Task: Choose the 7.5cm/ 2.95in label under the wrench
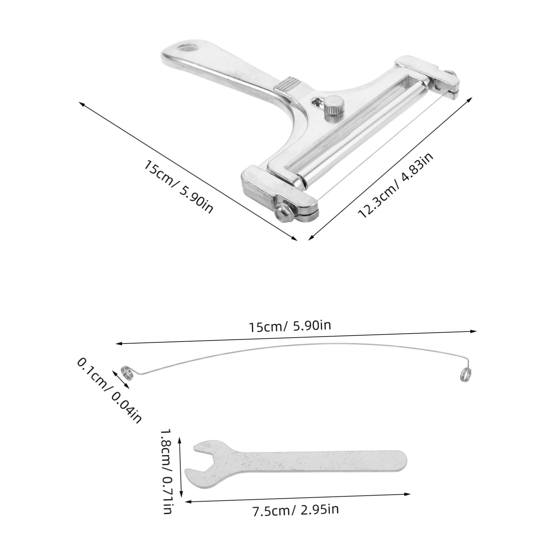[x=295, y=509]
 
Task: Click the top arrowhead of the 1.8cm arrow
[x=180, y=440]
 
